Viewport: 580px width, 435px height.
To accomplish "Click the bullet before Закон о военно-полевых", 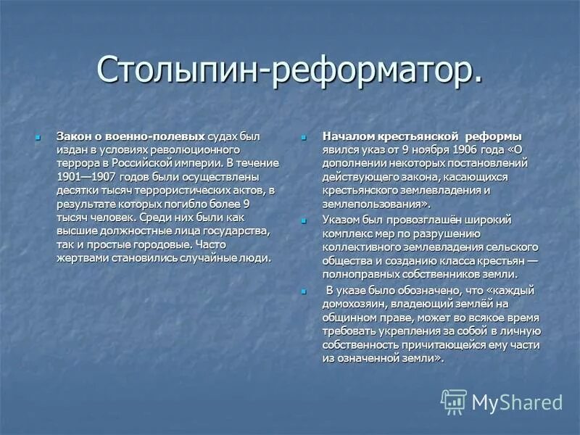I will coord(41,136).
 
